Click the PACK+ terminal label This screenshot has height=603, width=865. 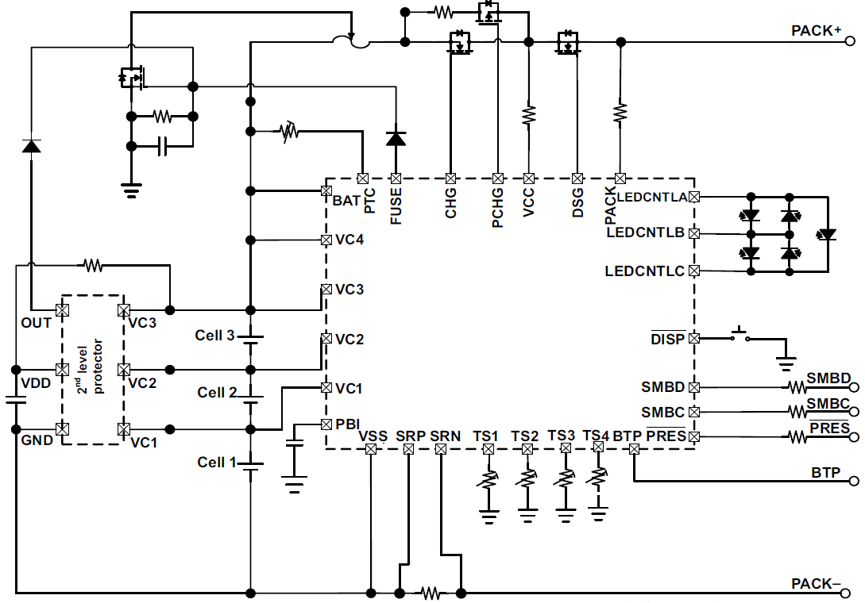(816, 31)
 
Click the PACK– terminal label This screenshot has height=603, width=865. (816, 584)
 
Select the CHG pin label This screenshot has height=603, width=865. (450, 203)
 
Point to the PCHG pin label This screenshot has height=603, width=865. (498, 208)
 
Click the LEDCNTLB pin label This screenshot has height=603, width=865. (645, 233)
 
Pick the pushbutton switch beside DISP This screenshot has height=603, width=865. (739, 336)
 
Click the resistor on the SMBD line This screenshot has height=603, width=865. (796, 388)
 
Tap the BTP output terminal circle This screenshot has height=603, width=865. (855, 481)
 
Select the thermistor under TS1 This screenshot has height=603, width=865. (488, 480)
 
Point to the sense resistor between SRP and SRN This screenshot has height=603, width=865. (431, 592)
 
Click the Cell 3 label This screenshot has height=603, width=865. (214, 336)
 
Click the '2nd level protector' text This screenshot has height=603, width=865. (93, 369)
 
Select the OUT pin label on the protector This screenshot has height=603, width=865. (37, 323)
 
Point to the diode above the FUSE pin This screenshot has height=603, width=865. (396, 139)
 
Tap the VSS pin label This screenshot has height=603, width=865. (372, 436)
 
